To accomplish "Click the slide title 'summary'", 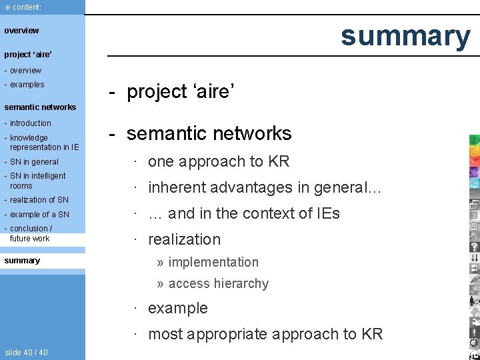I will [405, 36].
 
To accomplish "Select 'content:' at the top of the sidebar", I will [26, 7].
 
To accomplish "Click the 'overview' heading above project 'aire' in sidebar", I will [21, 31].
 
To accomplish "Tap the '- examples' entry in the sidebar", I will [26, 85].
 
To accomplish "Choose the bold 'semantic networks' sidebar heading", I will [40, 107].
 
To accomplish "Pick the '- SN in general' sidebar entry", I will [33, 162].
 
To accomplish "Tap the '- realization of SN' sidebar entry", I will [38, 200].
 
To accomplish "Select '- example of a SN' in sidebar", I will [38, 215].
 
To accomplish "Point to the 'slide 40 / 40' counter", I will [26, 352].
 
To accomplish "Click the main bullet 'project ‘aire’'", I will [179, 92].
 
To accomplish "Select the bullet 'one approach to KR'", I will [218, 162].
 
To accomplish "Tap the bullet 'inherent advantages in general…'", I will [264, 188].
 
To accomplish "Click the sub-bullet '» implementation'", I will [213, 263].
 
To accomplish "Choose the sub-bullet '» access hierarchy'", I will [218, 284].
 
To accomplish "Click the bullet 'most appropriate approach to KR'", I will [265, 334].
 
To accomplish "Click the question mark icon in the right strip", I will [474, 246].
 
